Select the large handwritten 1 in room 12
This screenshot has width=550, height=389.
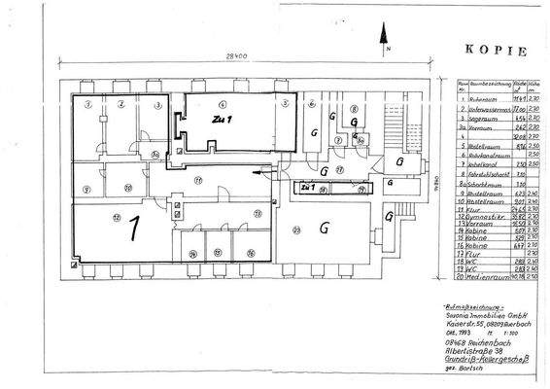135,227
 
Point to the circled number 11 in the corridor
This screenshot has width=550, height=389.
197,181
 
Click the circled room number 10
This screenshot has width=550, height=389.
126,188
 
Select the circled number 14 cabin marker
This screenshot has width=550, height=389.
191,255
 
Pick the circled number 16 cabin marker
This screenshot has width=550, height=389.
250,255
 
